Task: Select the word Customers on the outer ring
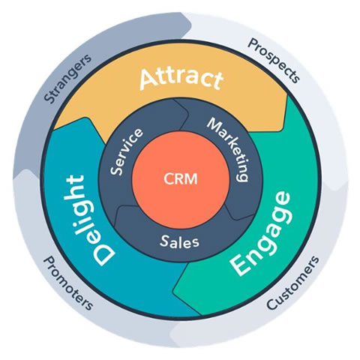pyautogui.click(x=292, y=283)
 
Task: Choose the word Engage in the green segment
pyautogui.click(x=259, y=233)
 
